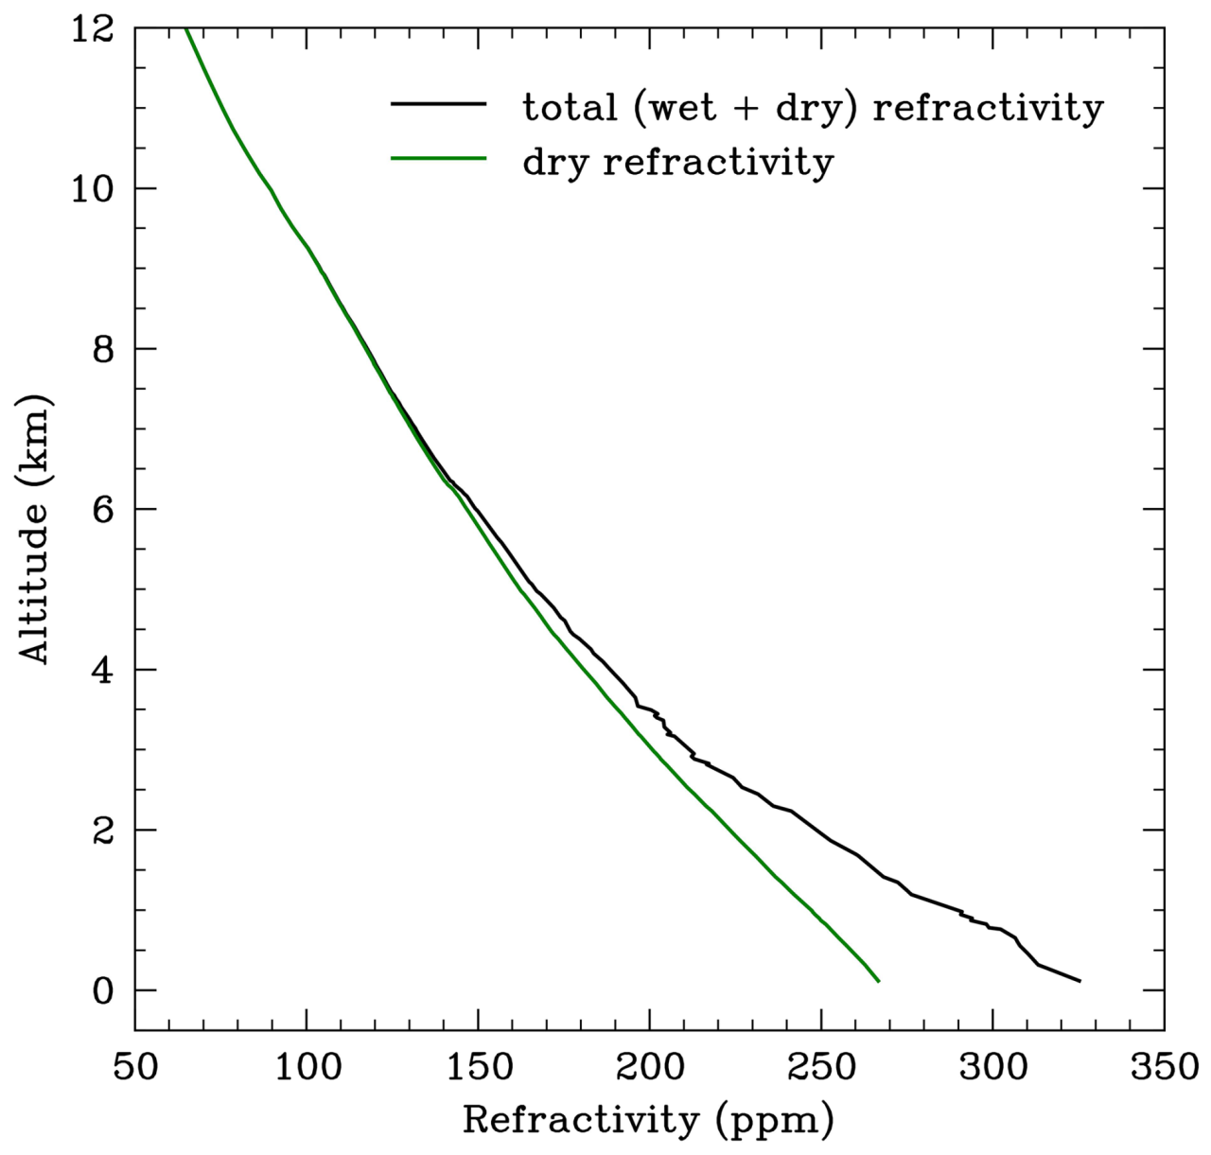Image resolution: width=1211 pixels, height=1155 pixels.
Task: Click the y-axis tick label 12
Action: pos(95,29)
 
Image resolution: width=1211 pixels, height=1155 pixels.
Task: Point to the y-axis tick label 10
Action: pos(95,189)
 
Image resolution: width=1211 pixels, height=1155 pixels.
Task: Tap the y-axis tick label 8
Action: pos(102,349)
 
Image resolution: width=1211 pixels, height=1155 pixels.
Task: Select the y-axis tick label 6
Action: pos(102,510)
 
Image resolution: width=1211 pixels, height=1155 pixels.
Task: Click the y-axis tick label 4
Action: pos(102,670)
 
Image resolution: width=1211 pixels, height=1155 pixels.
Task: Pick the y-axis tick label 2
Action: pos(102,831)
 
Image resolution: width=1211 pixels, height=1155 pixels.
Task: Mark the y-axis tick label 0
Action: pos(102,990)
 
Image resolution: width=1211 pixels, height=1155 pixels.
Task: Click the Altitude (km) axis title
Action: pos(35,530)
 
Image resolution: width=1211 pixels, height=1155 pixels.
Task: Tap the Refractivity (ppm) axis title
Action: pos(649,1121)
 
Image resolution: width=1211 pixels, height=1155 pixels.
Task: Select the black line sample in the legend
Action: pos(438,102)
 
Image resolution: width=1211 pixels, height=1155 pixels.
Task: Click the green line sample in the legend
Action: pos(438,159)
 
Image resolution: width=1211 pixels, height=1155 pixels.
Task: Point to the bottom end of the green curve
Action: pos(879,982)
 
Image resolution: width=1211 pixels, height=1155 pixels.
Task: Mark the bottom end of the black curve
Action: pos(1079,981)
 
